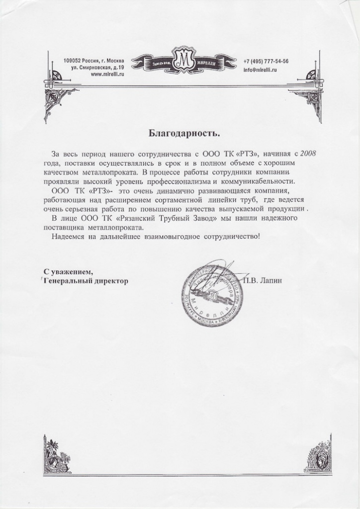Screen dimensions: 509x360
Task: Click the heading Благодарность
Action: coord(184,133)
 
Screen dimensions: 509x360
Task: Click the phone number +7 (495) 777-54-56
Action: coord(266,61)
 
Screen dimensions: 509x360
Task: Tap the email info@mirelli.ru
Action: coord(260,71)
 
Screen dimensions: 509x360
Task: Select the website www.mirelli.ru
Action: coord(107,74)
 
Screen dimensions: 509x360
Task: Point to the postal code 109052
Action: coord(73,61)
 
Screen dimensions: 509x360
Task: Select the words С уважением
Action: coord(68,271)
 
